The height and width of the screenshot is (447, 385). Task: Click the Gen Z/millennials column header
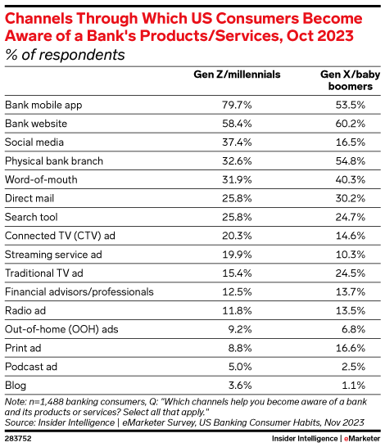pos(237,74)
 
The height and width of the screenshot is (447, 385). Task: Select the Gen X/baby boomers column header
pos(346,79)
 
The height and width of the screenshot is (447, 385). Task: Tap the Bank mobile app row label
pos(43,105)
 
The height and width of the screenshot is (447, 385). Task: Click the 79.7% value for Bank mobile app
pos(264,105)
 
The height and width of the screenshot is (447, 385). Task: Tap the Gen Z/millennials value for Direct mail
pos(264,198)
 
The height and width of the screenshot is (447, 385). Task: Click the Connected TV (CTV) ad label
pos(60,236)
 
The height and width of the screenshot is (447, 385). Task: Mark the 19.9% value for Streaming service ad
pos(264,255)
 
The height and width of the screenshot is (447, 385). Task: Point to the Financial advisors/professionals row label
pos(79,291)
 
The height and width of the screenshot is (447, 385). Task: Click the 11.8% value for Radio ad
pos(264,310)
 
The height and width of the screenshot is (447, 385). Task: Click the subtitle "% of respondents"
pos(65,55)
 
